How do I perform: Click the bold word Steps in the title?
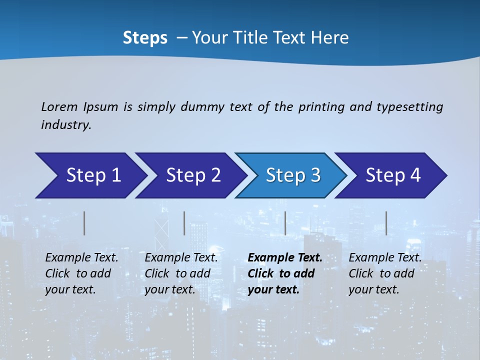coord(145,38)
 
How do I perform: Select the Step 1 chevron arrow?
coord(90,175)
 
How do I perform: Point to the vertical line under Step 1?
coord(84,223)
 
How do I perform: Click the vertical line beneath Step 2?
coord(184,223)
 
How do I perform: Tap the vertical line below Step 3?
coord(285,223)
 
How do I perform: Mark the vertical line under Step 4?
coord(386,223)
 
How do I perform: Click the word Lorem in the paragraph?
coord(59,107)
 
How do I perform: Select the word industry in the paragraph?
coord(65,125)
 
